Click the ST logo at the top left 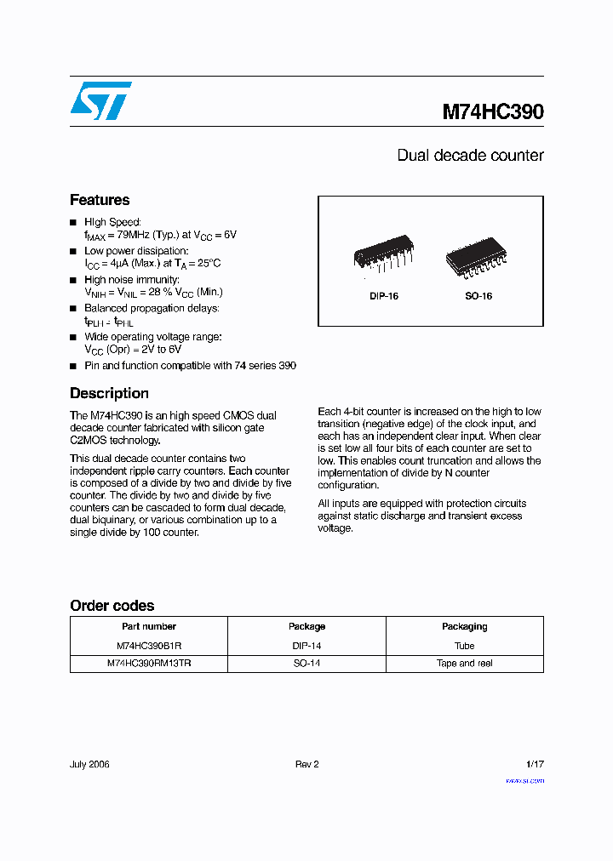coord(100,100)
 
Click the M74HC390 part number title coord(492,112)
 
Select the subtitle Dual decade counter coord(470,156)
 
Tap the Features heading coord(100,200)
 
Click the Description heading coord(109,393)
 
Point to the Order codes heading coord(112,606)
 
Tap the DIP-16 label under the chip coord(384,296)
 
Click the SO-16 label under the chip coord(478,296)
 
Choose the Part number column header coord(148,626)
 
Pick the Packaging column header coord(464,626)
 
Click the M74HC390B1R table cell coord(149,646)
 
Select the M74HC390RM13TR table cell coord(149,663)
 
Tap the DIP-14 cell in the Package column coord(306,646)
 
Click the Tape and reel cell coord(464,663)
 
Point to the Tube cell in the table coord(464,646)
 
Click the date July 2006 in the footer coord(89,764)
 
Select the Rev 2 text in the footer coord(306,764)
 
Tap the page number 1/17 coord(533,764)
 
